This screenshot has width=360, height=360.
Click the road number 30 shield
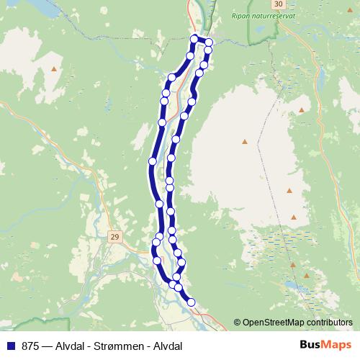(279, 4)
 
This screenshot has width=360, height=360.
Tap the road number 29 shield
(115, 236)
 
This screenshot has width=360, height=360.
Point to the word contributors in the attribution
(331, 322)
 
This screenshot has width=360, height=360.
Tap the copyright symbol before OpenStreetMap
(237, 322)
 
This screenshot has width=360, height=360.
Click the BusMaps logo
(325, 345)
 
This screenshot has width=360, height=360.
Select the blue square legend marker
(10, 346)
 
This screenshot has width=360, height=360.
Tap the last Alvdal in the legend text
(164, 346)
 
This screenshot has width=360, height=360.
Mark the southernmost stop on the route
(191, 302)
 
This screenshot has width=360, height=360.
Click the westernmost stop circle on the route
(153, 161)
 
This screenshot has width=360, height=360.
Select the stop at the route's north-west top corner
(194, 38)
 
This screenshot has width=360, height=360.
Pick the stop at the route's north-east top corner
(210, 42)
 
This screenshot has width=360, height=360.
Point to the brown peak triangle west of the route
(54, 69)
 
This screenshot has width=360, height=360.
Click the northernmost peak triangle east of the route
(301, 109)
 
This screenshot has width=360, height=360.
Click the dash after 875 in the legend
(47, 346)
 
